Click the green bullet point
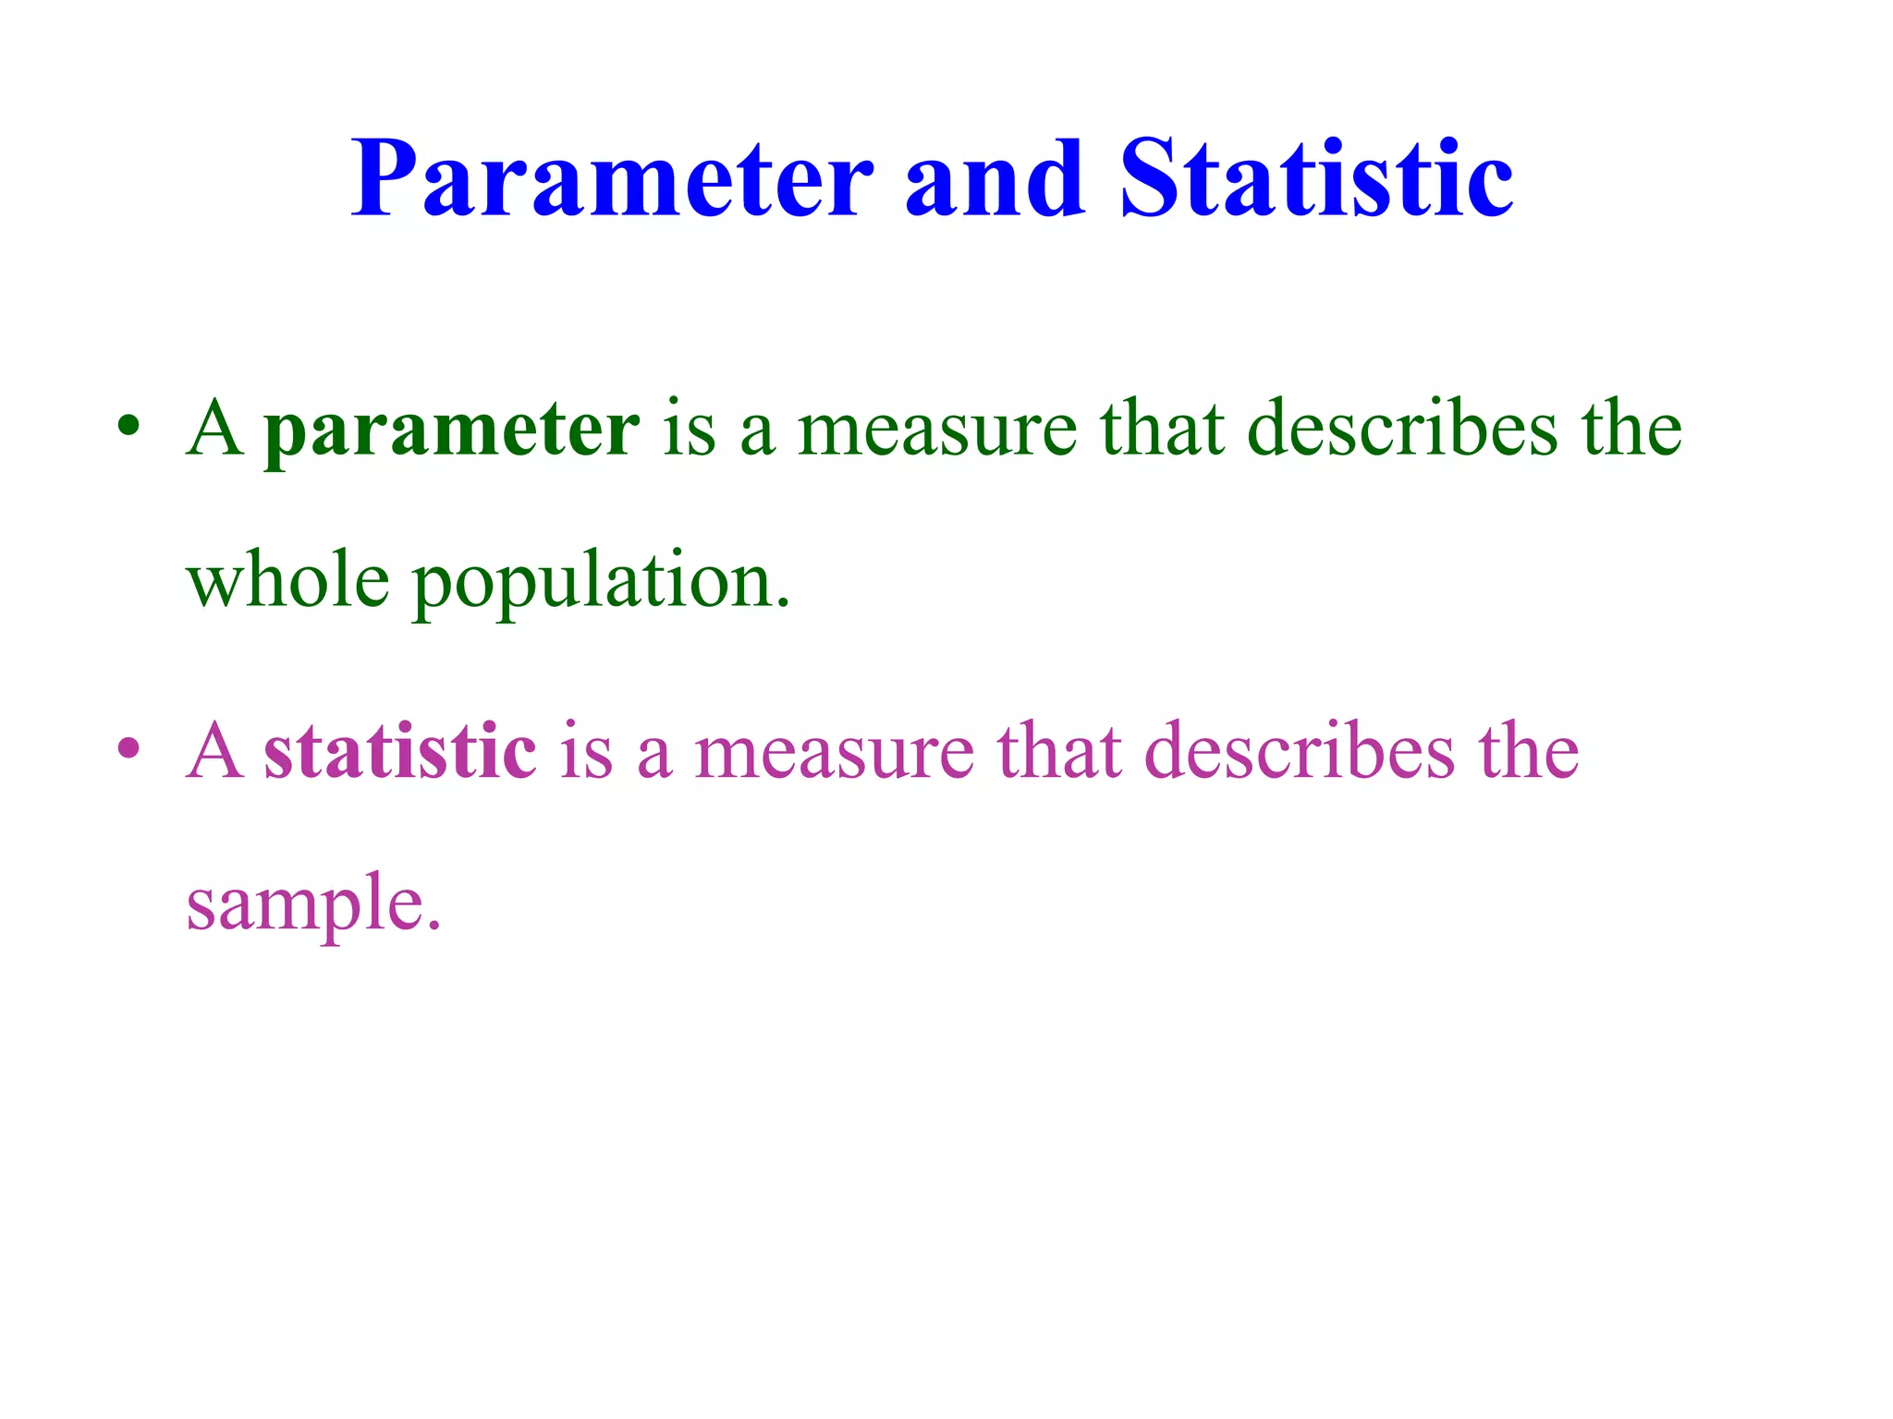pos(128,428)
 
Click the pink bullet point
pos(128,747)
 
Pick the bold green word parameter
pos(451,430)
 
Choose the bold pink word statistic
pos(399,750)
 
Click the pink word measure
pos(834,750)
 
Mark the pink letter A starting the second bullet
pos(214,749)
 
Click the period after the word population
pos(784,604)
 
